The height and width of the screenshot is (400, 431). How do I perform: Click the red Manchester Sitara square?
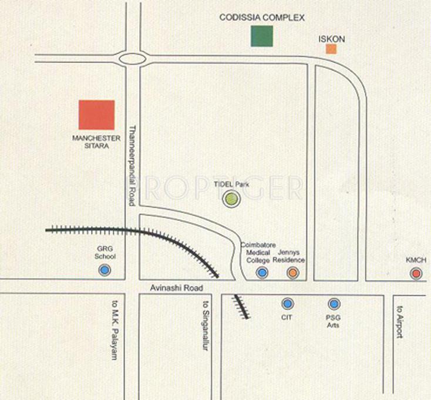tap(97, 115)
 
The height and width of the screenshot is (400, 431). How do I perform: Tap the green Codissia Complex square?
tap(261, 36)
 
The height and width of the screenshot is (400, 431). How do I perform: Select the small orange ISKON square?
tap(331, 49)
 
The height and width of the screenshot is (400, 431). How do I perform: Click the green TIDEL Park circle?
tap(233, 200)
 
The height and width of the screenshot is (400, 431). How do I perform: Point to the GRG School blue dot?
tap(105, 270)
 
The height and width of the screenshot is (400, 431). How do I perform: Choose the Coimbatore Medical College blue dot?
tap(262, 273)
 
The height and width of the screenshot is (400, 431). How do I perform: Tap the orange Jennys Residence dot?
tap(292, 273)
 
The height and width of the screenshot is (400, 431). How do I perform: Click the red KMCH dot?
tap(416, 273)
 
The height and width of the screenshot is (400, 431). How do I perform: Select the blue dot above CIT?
tap(287, 304)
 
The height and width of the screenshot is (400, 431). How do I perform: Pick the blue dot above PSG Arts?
tap(334, 304)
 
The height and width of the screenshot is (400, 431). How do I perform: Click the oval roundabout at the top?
tap(132, 58)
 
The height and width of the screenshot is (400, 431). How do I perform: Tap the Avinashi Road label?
tap(176, 288)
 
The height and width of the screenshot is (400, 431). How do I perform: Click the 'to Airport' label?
tap(399, 324)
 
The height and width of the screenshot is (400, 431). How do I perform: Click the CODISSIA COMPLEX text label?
tap(262, 18)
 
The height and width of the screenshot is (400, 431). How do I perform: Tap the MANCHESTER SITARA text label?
tap(96, 141)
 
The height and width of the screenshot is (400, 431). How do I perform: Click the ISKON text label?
tap(331, 39)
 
